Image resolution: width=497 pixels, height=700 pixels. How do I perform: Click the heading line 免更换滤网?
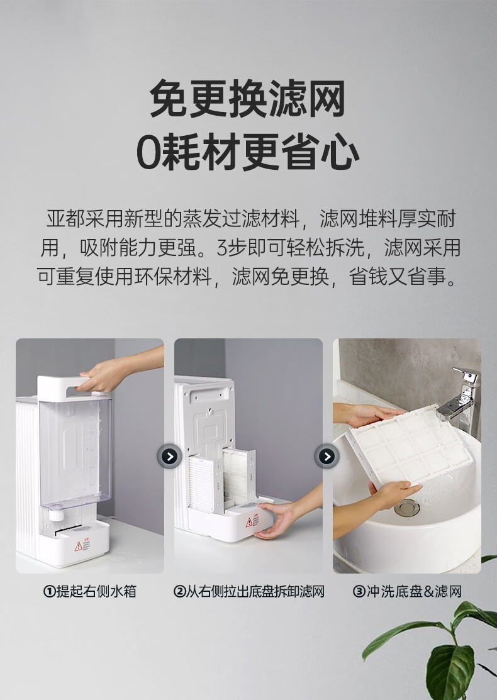(x=248, y=98)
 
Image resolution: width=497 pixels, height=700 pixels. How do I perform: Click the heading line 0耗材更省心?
(x=248, y=152)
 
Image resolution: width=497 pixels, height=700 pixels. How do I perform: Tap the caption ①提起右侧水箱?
(x=90, y=592)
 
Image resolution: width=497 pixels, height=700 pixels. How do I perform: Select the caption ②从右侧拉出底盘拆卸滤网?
(x=248, y=592)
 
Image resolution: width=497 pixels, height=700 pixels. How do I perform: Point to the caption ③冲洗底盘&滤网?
(x=407, y=592)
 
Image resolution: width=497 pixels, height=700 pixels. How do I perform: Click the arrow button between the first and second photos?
(x=169, y=456)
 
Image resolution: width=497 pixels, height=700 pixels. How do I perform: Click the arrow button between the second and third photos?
(x=327, y=456)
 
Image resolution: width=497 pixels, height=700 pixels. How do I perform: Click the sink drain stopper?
(x=407, y=508)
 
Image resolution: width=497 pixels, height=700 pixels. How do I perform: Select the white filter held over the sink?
(x=408, y=447)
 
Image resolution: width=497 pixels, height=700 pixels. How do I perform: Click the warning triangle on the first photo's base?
(x=79, y=546)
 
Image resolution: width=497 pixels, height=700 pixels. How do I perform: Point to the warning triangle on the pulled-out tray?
(x=249, y=522)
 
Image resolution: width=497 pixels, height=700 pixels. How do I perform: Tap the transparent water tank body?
(x=75, y=451)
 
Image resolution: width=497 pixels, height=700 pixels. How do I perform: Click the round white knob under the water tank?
(x=56, y=514)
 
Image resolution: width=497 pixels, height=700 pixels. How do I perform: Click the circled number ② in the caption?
(x=179, y=592)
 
